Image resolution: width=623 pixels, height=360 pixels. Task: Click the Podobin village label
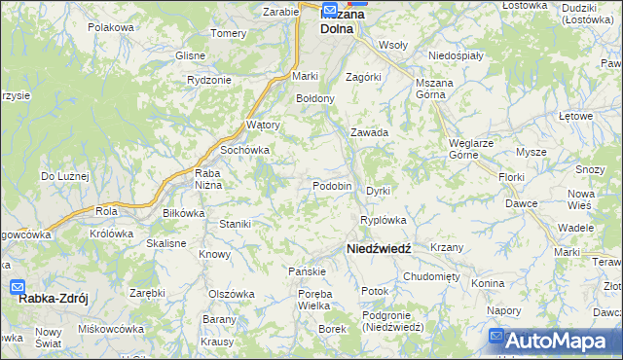(332, 186)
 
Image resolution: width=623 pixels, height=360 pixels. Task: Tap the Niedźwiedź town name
(379, 249)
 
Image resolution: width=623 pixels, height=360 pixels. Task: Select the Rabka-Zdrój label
(51, 299)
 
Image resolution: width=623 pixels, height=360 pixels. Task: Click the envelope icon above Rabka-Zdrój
(18, 287)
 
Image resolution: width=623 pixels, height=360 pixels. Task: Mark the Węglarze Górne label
(476, 148)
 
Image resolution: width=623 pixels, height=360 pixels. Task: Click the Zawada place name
(370, 132)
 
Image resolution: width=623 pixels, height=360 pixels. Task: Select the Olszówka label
(231, 293)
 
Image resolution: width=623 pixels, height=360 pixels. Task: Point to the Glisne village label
(190, 55)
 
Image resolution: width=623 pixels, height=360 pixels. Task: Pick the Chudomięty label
(431, 276)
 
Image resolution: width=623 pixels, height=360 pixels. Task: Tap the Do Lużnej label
(64, 176)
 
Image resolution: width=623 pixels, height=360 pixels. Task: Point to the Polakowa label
(110, 27)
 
